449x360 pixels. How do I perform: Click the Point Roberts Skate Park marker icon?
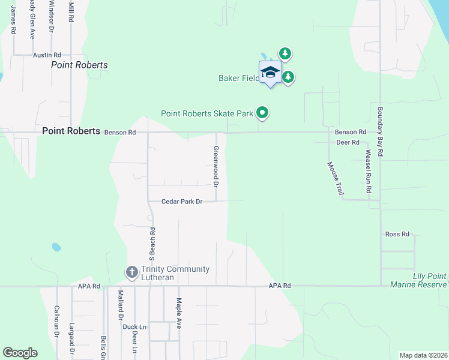tap(262, 112)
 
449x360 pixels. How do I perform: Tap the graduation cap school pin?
tap(270, 73)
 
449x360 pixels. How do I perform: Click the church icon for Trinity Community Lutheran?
tap(132, 273)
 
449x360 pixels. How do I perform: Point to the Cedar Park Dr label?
tap(181, 202)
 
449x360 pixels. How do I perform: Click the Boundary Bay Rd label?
tap(380, 132)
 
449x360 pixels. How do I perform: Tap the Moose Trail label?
tap(335, 178)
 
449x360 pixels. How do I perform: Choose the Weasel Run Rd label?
tap(368, 171)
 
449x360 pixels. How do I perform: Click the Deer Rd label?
tap(348, 142)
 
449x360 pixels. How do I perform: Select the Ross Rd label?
tap(397, 234)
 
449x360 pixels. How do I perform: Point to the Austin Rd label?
tap(47, 55)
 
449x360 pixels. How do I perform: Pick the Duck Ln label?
tap(130, 327)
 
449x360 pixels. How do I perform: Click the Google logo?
tap(20, 353)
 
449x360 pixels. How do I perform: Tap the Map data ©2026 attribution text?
tap(423, 355)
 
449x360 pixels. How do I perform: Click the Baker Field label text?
tap(238, 78)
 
